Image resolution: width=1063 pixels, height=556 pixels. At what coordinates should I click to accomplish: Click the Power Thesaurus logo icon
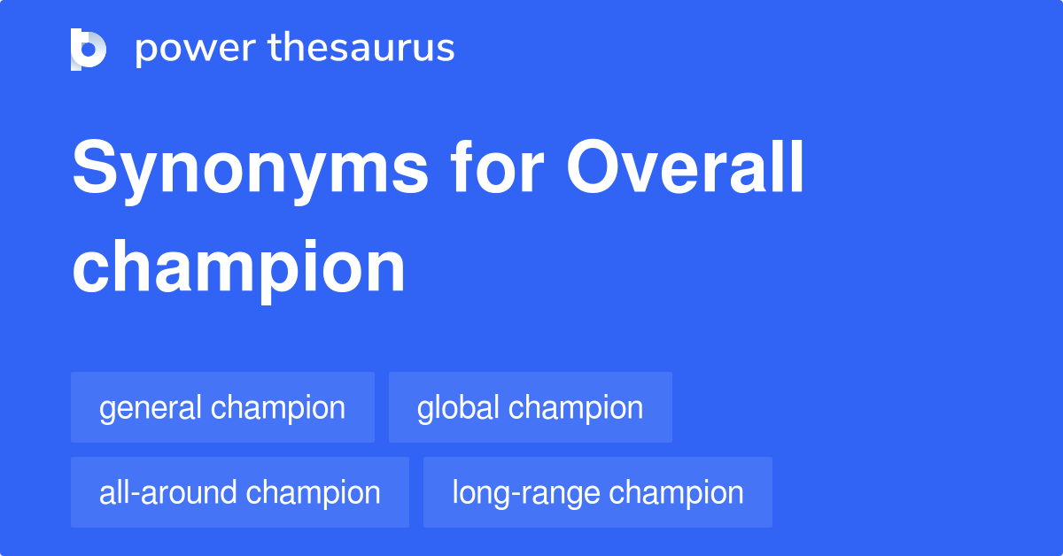point(89,49)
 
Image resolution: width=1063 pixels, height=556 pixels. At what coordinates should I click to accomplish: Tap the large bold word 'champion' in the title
point(238,267)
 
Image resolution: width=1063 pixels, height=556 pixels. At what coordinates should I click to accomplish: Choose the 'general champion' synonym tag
point(222,407)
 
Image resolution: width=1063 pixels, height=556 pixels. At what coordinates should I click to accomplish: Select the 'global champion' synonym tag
point(530,407)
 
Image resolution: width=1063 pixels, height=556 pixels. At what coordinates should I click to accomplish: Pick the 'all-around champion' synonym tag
point(239,492)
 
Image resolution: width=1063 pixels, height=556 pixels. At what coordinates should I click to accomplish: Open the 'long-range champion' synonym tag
point(597,492)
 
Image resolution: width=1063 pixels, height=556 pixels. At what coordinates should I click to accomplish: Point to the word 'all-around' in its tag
point(165,492)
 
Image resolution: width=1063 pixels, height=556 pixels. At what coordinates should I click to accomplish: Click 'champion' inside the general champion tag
point(278,408)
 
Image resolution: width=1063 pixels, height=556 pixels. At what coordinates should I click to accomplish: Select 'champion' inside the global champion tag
point(576,408)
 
